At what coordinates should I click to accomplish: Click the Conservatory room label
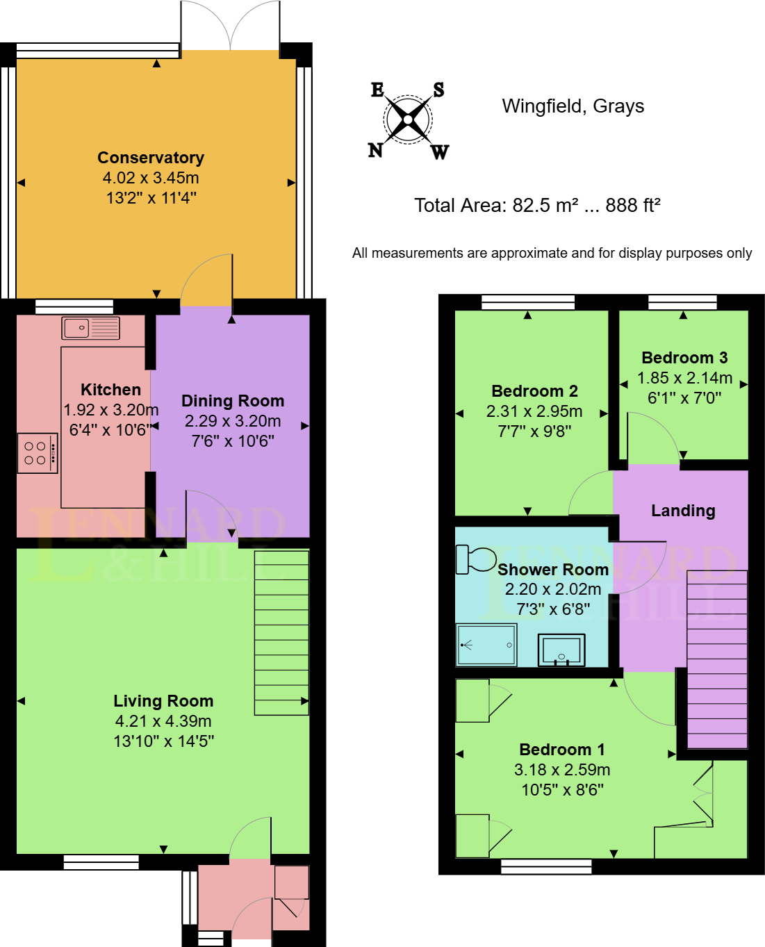151,158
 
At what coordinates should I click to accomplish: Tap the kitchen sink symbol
90,328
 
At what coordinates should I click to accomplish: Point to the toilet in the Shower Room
475,559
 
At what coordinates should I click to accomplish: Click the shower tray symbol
486,645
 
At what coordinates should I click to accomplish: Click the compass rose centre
408,120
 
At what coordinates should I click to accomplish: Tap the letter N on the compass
375,149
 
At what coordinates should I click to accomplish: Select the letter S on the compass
438,90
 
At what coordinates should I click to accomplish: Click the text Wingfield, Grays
573,106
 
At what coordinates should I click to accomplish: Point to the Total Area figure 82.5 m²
545,206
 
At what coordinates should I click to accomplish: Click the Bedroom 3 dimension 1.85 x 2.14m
685,378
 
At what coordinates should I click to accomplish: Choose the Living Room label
163,701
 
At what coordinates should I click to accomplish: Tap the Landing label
683,511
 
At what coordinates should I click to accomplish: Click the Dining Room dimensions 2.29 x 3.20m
233,421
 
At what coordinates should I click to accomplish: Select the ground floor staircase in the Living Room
281,632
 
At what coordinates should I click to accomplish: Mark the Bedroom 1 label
562,750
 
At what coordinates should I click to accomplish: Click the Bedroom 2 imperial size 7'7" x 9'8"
534,431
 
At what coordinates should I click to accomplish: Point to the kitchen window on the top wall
74,306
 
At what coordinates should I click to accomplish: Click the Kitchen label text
110,390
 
